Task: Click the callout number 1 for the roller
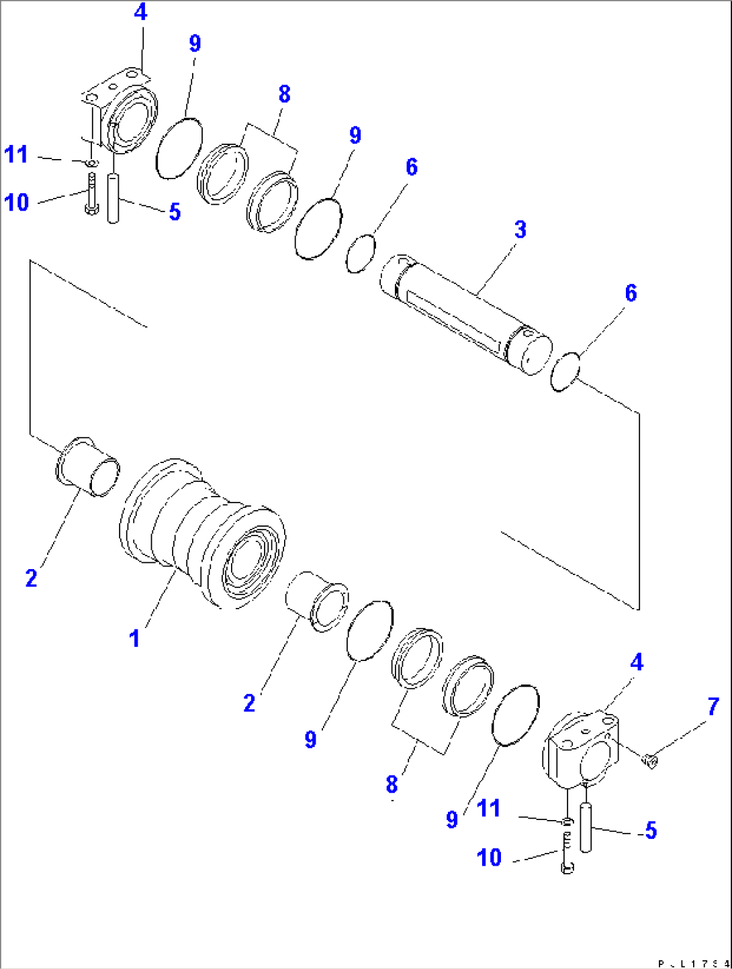135,638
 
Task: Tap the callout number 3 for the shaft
520,229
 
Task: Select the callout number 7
713,707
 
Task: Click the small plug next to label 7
650,760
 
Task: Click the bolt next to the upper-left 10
91,194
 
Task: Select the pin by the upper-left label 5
113,198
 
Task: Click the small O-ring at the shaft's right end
564,372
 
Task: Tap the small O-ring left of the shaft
360,253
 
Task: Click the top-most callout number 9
194,44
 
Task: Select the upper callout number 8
284,95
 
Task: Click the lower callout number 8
392,783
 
